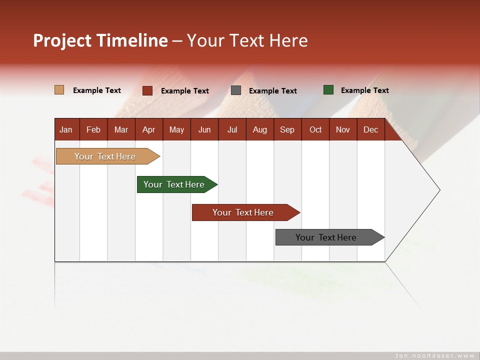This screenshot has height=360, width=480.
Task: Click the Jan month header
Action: click(x=66, y=129)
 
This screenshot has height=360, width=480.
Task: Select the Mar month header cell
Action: click(x=121, y=129)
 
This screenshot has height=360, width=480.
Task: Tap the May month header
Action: click(x=176, y=129)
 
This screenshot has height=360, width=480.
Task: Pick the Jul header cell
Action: click(x=232, y=129)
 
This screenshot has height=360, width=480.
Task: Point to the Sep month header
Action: click(x=287, y=129)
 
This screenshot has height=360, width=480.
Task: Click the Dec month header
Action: click(x=370, y=129)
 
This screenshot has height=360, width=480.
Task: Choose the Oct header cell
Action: click(x=315, y=129)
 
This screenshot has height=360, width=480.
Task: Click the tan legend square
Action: click(x=59, y=90)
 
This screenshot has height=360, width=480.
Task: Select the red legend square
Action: click(x=147, y=90)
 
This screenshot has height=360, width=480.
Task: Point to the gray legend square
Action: click(x=236, y=90)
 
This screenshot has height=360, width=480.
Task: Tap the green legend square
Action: click(x=328, y=90)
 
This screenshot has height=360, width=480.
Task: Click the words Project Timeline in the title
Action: click(x=100, y=40)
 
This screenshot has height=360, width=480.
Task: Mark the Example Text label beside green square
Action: click(x=364, y=90)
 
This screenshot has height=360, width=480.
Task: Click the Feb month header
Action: click(x=93, y=129)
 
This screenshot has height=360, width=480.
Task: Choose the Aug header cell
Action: click(x=259, y=129)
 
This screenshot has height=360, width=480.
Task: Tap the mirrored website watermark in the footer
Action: click(x=435, y=355)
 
